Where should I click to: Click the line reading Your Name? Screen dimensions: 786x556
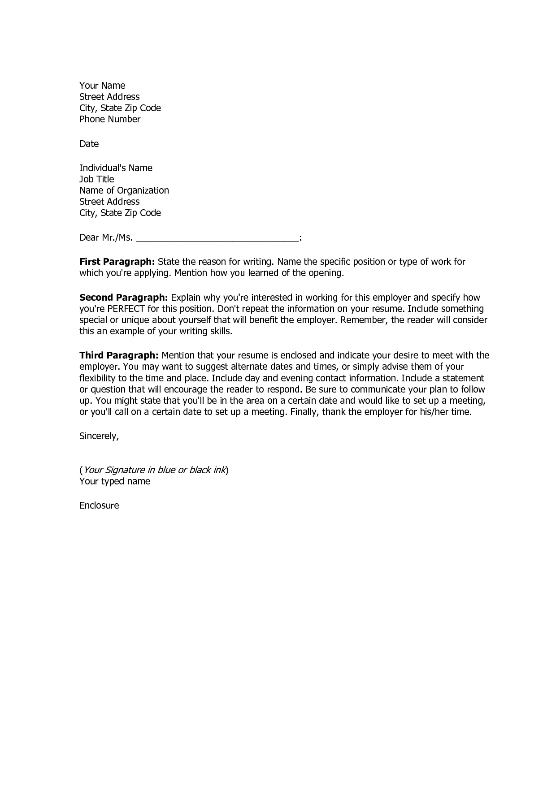coord(102,86)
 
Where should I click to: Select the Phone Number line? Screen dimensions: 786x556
coord(110,119)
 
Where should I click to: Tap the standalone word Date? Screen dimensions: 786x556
coord(89,144)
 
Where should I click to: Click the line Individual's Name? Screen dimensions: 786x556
coord(116,168)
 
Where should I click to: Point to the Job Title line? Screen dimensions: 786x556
coord(96,179)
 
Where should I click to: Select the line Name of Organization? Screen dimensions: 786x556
coord(124,190)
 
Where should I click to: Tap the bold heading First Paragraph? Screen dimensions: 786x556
coord(117,262)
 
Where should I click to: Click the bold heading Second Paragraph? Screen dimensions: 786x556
coord(123,298)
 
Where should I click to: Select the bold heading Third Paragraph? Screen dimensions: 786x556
coord(119,356)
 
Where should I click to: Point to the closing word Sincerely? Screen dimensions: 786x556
coord(99,436)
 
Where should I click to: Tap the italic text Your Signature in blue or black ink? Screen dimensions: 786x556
coord(154,470)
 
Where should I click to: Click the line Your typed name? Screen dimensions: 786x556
coord(115,481)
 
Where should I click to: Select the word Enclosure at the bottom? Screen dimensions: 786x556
coord(99,505)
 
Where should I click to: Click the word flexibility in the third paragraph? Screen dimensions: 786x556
coord(97,378)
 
